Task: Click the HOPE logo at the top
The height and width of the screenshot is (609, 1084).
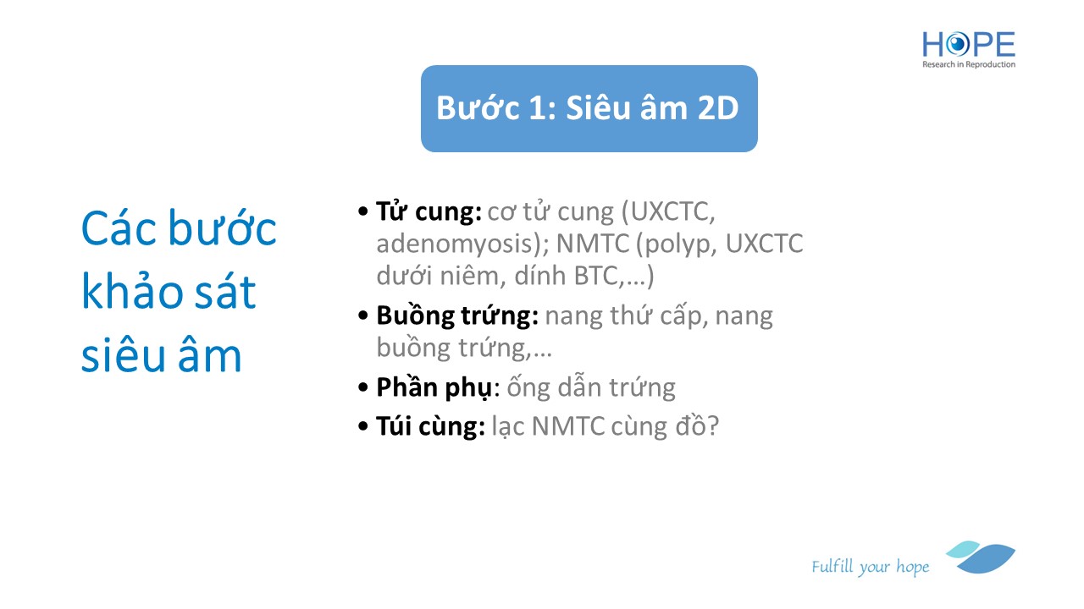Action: click(968, 49)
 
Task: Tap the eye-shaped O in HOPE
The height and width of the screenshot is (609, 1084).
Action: click(957, 45)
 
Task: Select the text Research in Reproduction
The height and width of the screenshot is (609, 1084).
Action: click(968, 64)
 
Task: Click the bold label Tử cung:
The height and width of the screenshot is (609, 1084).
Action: click(429, 212)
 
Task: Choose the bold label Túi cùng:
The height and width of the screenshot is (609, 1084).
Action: click(430, 427)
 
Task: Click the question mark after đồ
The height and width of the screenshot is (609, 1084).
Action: click(713, 427)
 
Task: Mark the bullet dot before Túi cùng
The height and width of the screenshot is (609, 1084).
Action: click(363, 427)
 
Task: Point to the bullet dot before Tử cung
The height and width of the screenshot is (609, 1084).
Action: click(363, 211)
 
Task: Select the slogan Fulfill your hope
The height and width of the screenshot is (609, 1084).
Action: click(870, 567)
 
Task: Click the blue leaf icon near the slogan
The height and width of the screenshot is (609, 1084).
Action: click(982, 557)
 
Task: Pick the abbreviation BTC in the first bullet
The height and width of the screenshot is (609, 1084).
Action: click(596, 277)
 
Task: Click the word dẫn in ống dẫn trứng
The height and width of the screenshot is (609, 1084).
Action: click(578, 387)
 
